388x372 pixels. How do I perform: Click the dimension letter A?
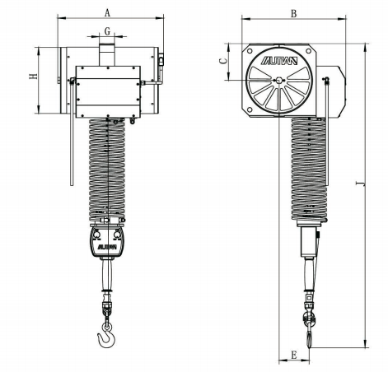(x=107, y=12)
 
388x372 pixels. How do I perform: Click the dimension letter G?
(x=107, y=31)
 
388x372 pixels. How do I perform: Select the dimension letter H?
(x=34, y=77)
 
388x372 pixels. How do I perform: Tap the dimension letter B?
(x=294, y=13)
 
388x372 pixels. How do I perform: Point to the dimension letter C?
(x=224, y=60)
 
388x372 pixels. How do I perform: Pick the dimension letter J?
(x=360, y=184)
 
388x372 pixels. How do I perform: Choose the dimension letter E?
(x=294, y=355)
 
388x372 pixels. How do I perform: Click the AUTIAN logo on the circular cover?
(x=279, y=61)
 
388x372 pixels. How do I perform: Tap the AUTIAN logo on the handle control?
(x=107, y=247)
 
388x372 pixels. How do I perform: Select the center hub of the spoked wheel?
(x=279, y=80)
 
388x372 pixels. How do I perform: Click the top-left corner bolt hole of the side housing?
(x=250, y=51)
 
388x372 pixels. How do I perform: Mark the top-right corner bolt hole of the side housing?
(x=309, y=51)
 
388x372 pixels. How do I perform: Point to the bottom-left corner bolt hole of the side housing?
(x=250, y=109)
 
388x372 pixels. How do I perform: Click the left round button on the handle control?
(x=96, y=235)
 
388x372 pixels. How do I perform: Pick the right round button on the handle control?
(x=117, y=235)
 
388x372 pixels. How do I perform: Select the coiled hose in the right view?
(x=309, y=169)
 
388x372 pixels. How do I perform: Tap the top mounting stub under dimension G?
(x=107, y=55)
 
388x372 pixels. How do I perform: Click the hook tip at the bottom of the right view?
(x=310, y=346)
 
